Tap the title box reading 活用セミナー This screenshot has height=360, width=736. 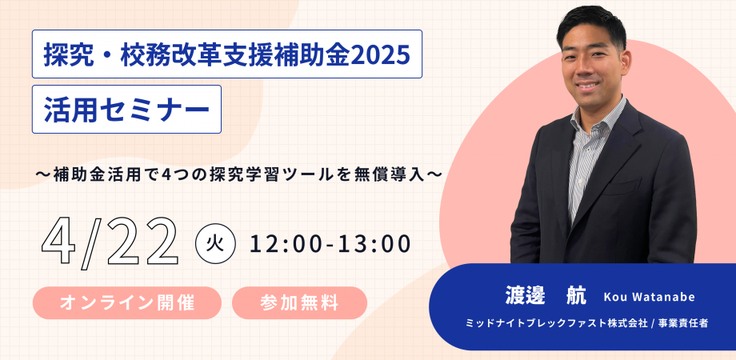coord(126,109)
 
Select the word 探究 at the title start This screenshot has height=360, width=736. coord(65,54)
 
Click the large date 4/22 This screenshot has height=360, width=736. coord(110,241)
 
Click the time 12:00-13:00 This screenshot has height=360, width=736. coord(330,242)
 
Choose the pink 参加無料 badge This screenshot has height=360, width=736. coord(299,303)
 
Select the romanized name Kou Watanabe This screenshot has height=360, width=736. coord(649,298)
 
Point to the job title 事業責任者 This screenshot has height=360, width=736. coord(686,325)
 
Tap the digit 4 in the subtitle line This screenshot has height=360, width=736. coord(202,172)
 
